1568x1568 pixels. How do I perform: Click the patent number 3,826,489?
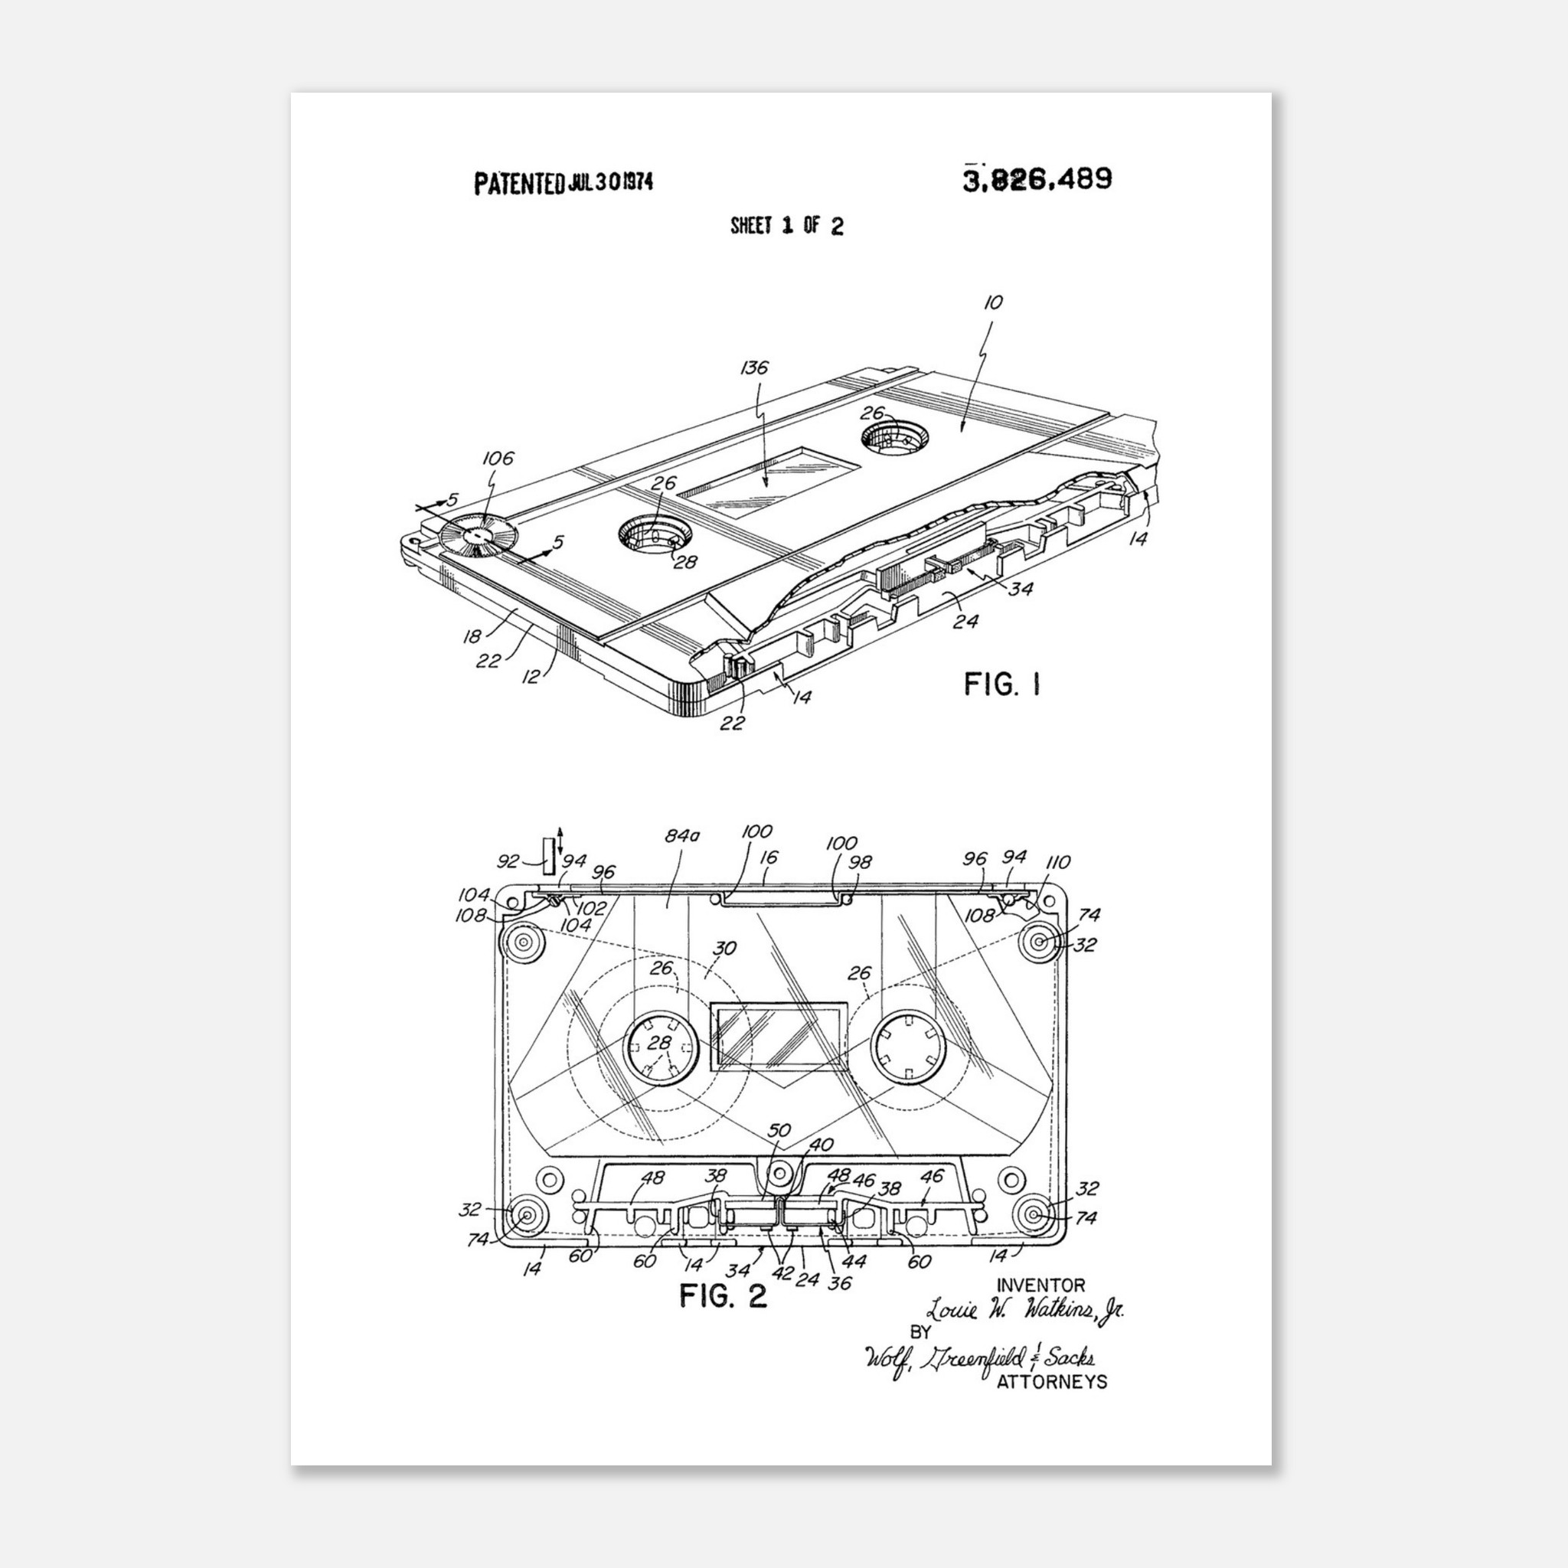(1037, 179)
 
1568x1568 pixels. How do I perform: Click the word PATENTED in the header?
(518, 184)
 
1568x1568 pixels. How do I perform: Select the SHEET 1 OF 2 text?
(786, 226)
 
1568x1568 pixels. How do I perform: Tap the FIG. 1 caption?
(1001, 684)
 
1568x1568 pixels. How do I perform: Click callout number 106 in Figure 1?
(498, 459)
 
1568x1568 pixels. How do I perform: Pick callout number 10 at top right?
(992, 302)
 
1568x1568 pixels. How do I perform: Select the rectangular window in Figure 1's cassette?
(767, 482)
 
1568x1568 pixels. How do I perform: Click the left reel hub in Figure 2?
(661, 1048)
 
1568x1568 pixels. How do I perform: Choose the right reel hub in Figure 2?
(908, 1048)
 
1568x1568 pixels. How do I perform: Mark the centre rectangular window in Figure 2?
(779, 1038)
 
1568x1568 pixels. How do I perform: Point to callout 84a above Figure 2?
(681, 835)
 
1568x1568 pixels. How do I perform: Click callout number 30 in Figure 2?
(724, 949)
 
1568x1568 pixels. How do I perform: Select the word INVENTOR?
(1040, 1285)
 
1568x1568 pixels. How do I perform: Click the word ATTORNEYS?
(1051, 1382)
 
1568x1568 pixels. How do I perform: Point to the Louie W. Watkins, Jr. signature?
(1025, 1310)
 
